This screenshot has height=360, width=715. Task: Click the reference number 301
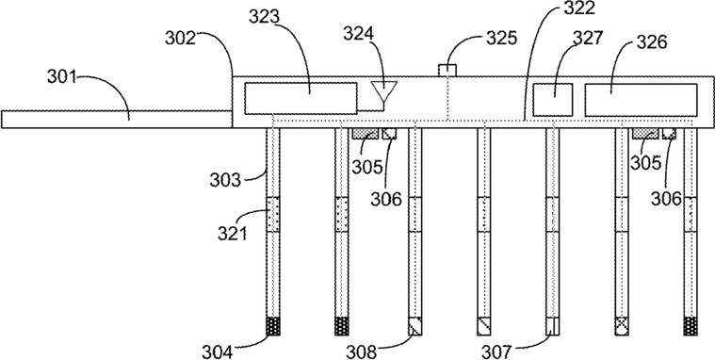[x=62, y=77]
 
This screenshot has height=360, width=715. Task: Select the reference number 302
[x=180, y=39]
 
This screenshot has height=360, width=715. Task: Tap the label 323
[x=265, y=17]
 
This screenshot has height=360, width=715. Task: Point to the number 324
[x=358, y=33]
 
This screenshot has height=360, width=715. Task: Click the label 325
[x=501, y=39]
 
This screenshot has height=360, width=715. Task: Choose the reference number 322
[x=579, y=8]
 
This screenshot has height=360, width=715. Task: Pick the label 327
[x=587, y=39]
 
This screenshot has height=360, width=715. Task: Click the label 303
[x=225, y=180]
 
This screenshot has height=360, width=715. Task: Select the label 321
[x=231, y=234]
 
